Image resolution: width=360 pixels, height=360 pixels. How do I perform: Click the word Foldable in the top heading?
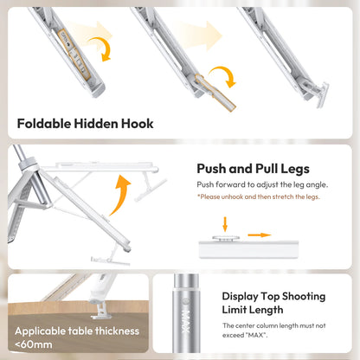[44, 124]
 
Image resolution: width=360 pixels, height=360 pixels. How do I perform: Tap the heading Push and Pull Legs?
[253, 169]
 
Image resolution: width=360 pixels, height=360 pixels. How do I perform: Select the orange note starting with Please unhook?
[259, 196]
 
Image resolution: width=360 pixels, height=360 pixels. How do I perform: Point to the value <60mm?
[34, 344]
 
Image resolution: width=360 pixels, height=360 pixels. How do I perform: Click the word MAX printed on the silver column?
[186, 321]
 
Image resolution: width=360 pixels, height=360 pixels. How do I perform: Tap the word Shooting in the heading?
[304, 297]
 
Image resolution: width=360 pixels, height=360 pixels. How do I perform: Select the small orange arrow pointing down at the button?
[225, 224]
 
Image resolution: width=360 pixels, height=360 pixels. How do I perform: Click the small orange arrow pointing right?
[260, 235]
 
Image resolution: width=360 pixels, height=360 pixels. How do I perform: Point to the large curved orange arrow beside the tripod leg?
[119, 196]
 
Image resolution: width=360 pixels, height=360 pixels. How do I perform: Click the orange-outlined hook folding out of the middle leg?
[215, 93]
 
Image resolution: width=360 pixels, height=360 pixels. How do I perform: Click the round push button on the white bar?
[226, 239]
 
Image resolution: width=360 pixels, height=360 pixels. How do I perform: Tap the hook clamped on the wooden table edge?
[100, 311]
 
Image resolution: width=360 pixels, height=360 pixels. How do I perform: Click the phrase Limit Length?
[253, 310]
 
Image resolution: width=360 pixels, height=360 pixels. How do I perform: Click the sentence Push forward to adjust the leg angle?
[262, 184]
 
